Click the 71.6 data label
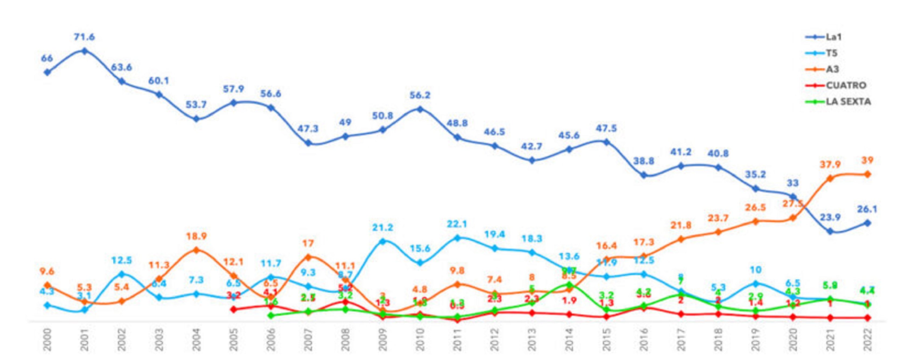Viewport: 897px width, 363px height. point(84,37)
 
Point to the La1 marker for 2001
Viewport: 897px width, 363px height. point(84,51)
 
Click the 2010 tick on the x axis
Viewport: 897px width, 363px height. point(420,340)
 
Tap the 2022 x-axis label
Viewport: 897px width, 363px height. point(867,340)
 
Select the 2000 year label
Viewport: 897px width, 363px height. point(47,340)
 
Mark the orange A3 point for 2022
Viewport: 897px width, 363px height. point(867,174)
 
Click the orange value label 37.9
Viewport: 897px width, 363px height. point(830,164)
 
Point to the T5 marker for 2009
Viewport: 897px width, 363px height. point(382,241)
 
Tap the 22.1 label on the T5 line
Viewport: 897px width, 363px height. point(457,224)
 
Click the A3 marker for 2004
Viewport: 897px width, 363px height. point(196,250)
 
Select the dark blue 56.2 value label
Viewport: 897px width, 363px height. point(420,95)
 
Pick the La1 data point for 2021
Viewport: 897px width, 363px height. point(830,231)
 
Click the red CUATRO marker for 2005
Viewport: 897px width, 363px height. point(234,309)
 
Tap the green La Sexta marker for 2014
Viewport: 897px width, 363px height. point(569,285)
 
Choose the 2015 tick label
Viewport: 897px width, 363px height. point(606,340)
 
